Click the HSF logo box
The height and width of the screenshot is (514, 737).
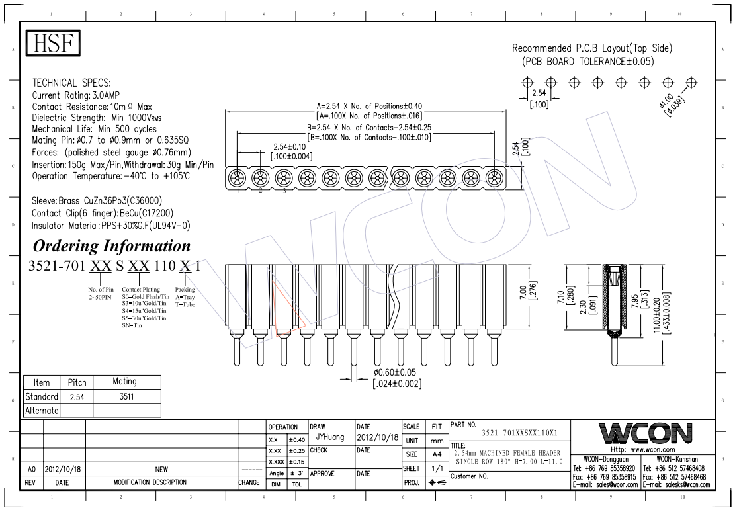click(x=53, y=43)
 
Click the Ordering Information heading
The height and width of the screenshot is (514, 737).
click(x=112, y=245)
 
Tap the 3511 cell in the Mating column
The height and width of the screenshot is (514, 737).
click(x=126, y=396)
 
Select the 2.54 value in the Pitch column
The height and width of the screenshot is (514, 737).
click(x=77, y=397)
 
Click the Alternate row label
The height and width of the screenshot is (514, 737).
click(x=42, y=411)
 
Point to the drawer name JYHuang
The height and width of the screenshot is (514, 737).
click(x=330, y=437)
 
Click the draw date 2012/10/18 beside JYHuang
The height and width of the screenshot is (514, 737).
click(x=377, y=437)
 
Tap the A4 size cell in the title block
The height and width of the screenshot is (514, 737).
click(x=437, y=454)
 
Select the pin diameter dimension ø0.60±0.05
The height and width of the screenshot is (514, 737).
click(x=395, y=372)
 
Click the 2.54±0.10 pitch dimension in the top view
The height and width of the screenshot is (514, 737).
click(x=290, y=147)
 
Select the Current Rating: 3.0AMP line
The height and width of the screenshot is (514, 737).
click(x=75, y=95)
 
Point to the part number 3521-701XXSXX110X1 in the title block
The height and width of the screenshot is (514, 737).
click(x=519, y=433)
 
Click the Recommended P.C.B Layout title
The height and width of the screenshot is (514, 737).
click(x=591, y=48)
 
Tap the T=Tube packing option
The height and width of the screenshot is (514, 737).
click(x=185, y=304)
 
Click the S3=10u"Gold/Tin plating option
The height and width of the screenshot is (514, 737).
click(x=144, y=304)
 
